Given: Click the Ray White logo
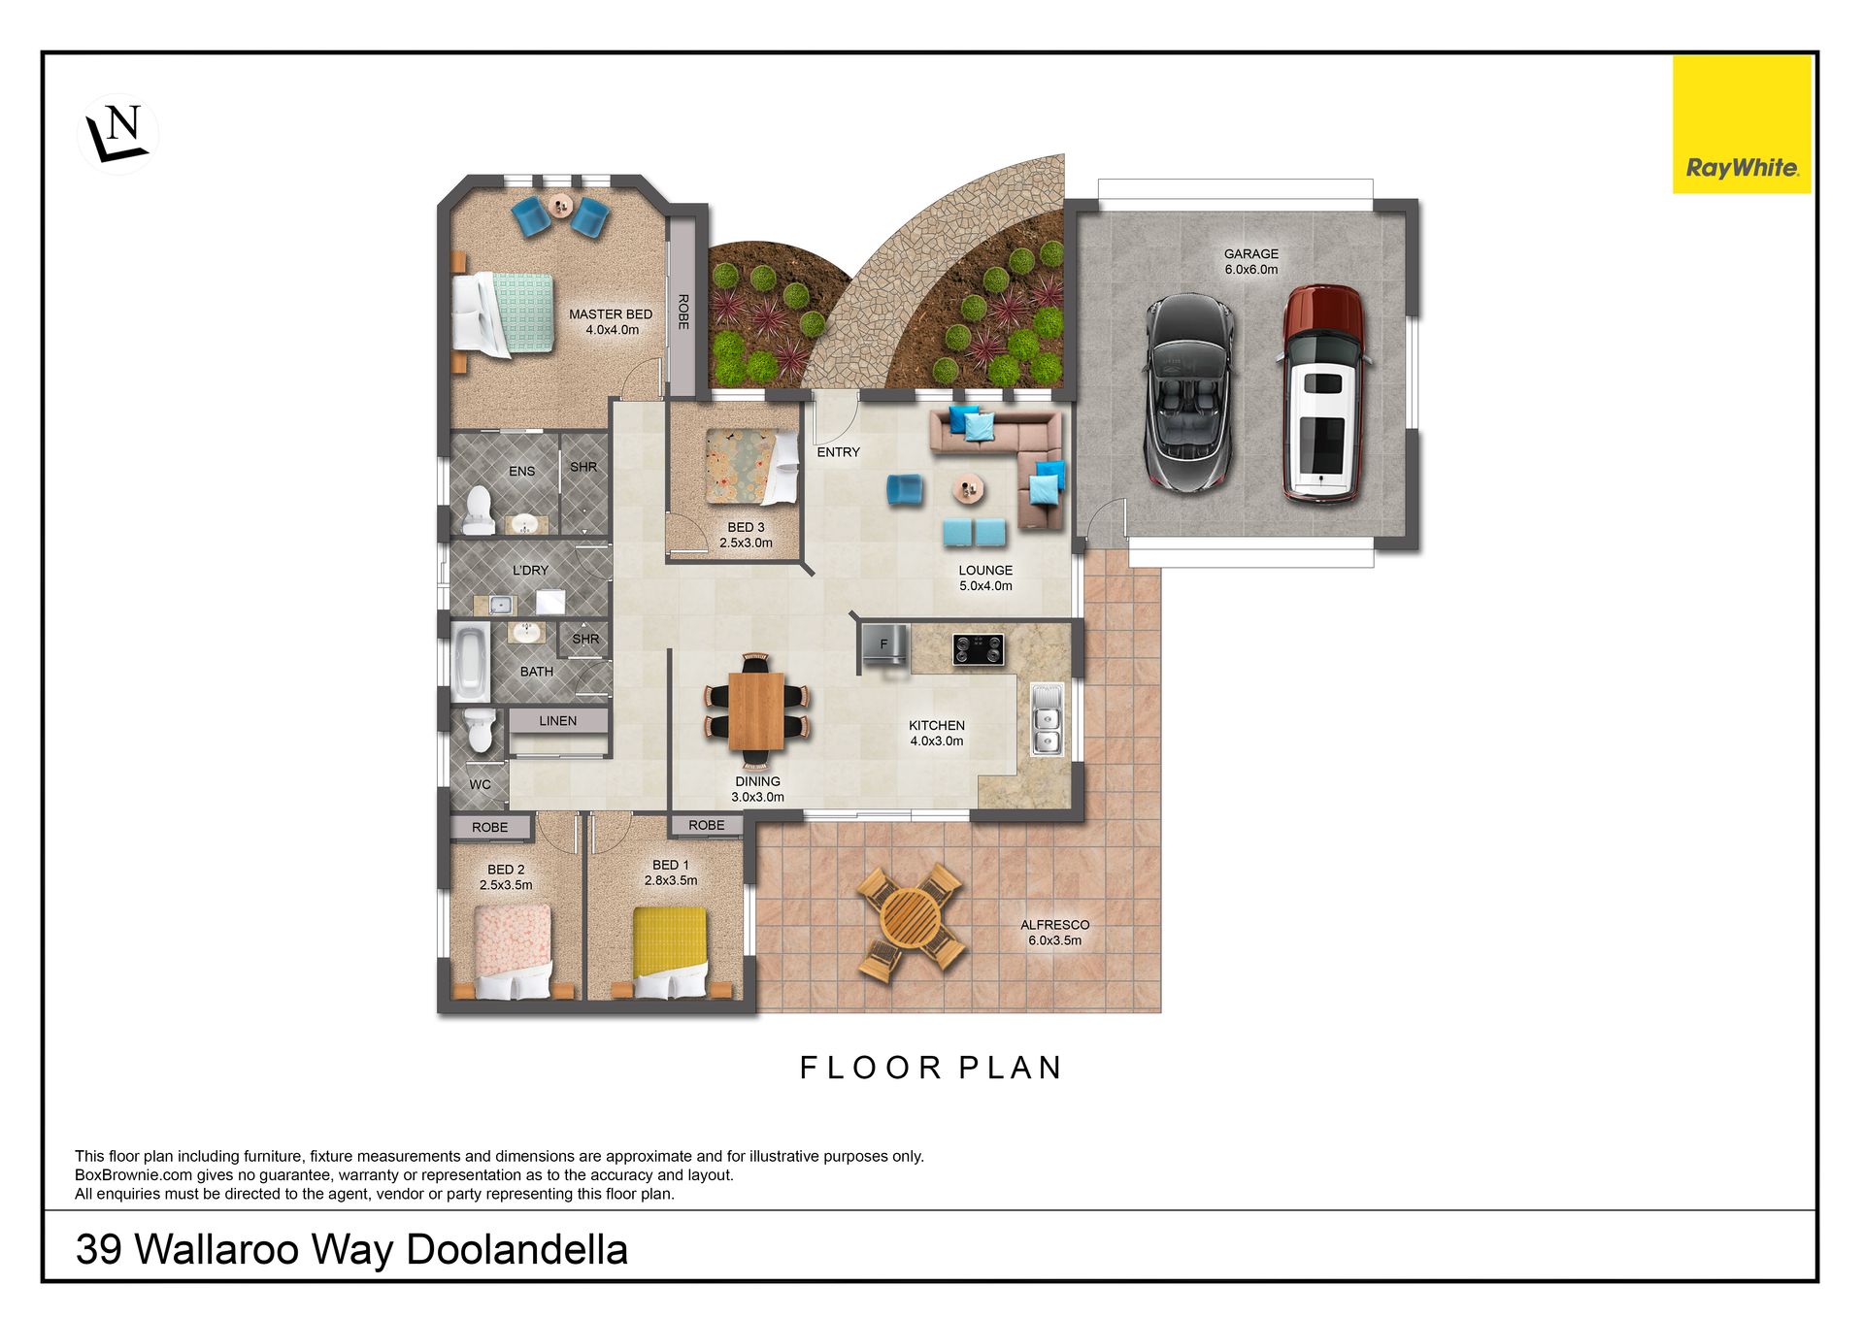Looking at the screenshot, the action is pyautogui.click(x=1742, y=124).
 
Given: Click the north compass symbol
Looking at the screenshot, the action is pyautogui.click(x=117, y=134).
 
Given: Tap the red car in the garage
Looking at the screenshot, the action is pyautogui.click(x=1322, y=393).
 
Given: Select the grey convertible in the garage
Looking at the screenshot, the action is pyautogui.click(x=1189, y=392).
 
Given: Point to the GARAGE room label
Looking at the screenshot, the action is pyautogui.click(x=1250, y=254).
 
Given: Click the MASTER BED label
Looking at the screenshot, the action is pyautogui.click(x=611, y=314).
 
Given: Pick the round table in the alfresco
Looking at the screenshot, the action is pyautogui.click(x=910, y=920).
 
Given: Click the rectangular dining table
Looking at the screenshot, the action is pyautogui.click(x=756, y=711).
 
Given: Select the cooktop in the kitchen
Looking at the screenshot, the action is pyautogui.click(x=978, y=649).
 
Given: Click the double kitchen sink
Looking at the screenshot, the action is pyautogui.click(x=1047, y=719).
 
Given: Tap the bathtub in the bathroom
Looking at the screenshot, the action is pyautogui.click(x=471, y=663).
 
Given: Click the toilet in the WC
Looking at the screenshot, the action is pyautogui.click(x=481, y=730).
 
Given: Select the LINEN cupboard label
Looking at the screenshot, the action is pyautogui.click(x=558, y=721).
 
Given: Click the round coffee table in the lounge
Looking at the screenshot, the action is pyautogui.click(x=968, y=488).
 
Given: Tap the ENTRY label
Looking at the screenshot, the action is pyautogui.click(x=839, y=452).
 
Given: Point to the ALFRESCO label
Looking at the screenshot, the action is pyautogui.click(x=1055, y=925).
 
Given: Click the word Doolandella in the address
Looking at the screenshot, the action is pyautogui.click(x=517, y=1250).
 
